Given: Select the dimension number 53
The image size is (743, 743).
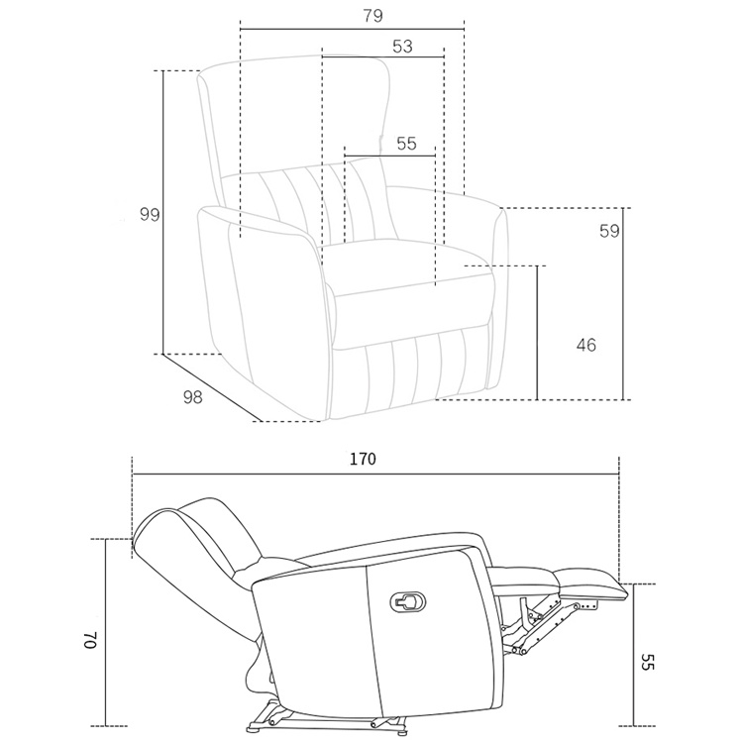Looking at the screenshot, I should pyautogui.click(x=402, y=46).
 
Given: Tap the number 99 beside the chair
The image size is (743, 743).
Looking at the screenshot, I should pyautogui.click(x=150, y=214).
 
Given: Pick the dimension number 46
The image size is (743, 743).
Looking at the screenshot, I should pyautogui.click(x=585, y=345).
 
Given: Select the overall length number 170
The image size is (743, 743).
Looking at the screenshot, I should pyautogui.click(x=363, y=460).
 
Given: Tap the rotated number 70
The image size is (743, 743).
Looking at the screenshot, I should pyautogui.click(x=90, y=639).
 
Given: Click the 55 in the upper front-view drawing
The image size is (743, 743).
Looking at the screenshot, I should pyautogui.click(x=406, y=143).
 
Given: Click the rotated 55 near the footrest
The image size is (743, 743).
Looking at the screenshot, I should pyautogui.click(x=648, y=662).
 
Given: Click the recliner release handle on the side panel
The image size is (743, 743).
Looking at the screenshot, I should pyautogui.click(x=409, y=600).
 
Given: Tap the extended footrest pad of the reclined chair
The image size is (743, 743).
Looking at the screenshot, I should pyautogui.click(x=592, y=580).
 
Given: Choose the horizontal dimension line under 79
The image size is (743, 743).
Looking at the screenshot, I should pyautogui.click(x=352, y=29).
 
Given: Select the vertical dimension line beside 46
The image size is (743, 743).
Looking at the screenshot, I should pyautogui.click(x=537, y=333).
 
